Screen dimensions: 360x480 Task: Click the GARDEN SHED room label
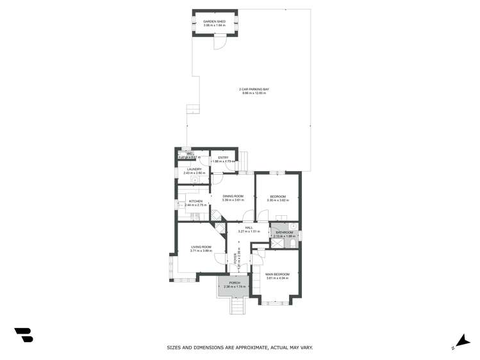click(215, 21)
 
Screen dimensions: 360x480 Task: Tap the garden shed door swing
click(220, 43)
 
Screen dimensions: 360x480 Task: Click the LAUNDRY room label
click(194, 169)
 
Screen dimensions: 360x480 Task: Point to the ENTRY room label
click(223, 158)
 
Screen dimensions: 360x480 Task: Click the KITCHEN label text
click(195, 201)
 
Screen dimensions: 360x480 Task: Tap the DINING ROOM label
click(233, 196)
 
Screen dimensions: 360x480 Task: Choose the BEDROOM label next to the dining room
click(277, 197)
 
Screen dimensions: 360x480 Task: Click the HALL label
click(249, 227)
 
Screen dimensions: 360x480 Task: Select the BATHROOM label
click(284, 233)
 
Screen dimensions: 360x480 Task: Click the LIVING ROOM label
click(201, 247)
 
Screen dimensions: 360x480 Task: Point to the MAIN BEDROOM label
click(277, 274)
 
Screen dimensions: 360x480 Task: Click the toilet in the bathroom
click(292, 243)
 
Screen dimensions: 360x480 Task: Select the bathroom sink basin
click(292, 226)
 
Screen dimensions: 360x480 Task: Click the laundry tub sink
click(195, 180)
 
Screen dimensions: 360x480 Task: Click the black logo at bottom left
click(24, 334)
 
